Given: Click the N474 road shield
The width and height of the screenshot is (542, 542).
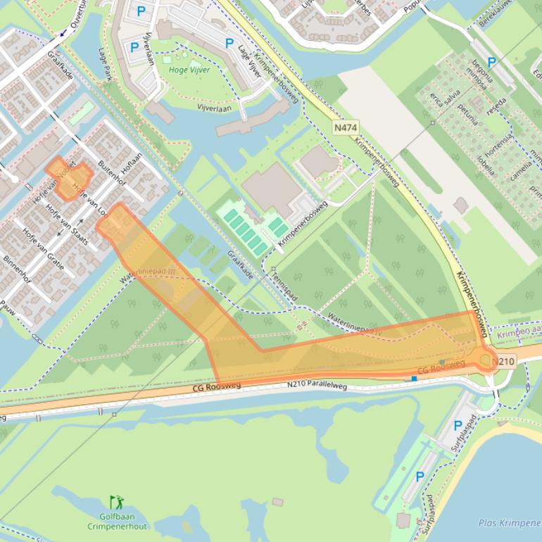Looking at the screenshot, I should [345, 127].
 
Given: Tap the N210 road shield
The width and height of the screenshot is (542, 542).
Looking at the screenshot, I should [504, 362].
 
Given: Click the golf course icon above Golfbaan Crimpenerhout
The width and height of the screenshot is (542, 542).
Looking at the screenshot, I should [117, 503].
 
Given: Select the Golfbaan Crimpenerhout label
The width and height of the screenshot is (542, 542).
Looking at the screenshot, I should [118, 522].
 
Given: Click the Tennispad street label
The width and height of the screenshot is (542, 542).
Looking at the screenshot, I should [284, 286].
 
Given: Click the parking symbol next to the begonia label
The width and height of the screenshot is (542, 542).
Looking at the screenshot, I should [492, 63].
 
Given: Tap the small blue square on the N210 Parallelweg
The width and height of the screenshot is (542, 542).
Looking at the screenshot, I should [414, 379].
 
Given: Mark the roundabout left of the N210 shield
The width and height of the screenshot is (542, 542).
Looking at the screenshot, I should [486, 361].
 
